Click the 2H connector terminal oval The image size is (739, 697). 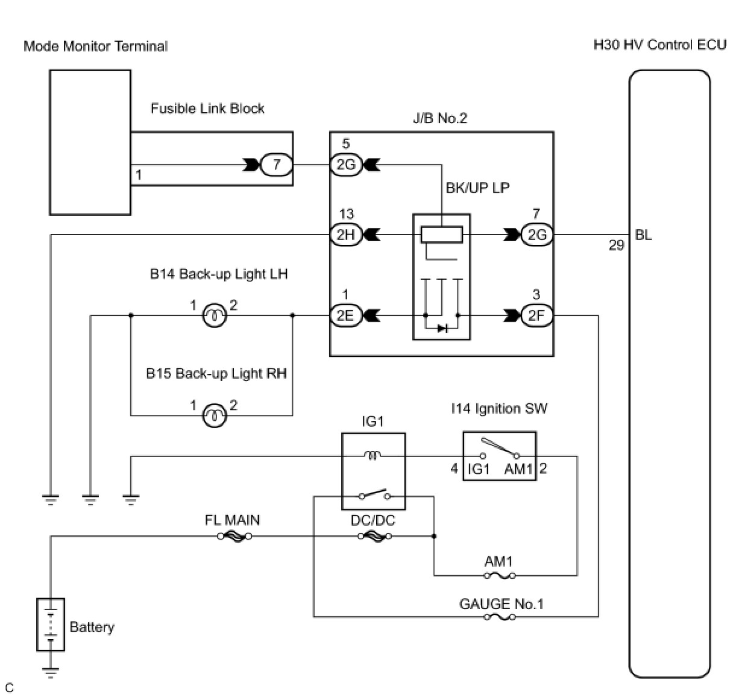tap(345, 235)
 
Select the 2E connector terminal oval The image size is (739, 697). tap(345, 316)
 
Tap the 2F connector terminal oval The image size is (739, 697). tap(537, 316)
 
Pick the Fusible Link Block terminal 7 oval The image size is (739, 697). tap(277, 165)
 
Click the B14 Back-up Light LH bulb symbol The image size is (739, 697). tap(215, 316)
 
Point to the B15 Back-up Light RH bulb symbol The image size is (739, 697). tap(215, 415)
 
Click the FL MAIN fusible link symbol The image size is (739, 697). tap(235, 537)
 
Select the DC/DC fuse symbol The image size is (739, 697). tap(375, 537)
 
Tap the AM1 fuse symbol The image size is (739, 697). tap(500, 576)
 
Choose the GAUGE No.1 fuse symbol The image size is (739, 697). tap(500, 617)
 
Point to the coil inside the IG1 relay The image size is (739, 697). tap(373, 455)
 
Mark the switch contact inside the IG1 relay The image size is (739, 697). tap(375, 494)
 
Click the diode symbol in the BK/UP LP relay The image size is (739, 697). tap(442, 329)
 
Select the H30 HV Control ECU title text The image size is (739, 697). tap(660, 45)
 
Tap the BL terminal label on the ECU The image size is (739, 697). tap(643, 235)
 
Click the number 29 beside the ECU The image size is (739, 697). tap(617, 245)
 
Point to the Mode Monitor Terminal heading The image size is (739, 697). tap(96, 46)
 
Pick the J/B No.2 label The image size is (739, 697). tap(440, 118)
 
